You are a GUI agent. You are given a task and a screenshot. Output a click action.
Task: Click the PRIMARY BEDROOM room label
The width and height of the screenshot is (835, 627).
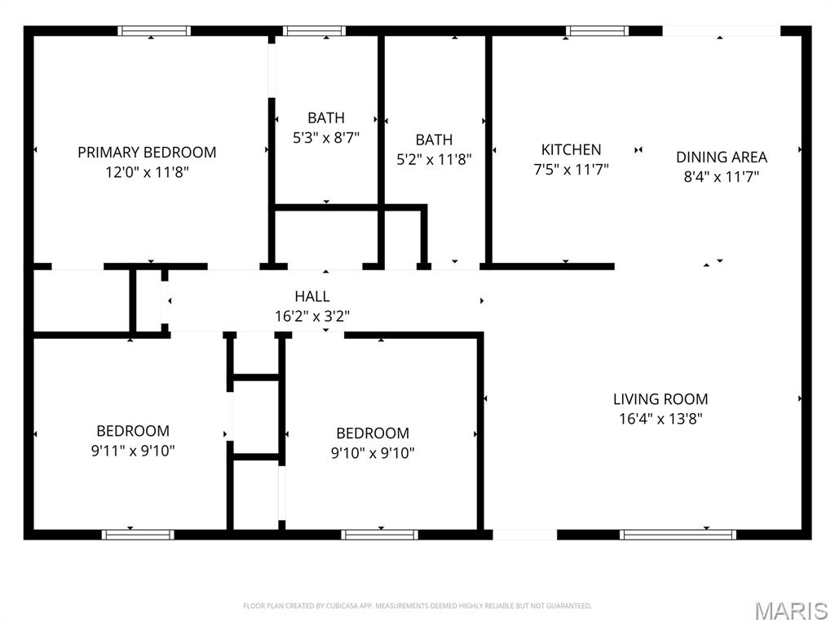click(x=147, y=152)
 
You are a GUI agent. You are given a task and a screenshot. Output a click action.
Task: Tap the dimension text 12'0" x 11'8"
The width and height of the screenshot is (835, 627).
click(x=147, y=172)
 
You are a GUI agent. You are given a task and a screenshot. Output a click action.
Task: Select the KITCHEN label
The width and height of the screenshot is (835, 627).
click(x=571, y=149)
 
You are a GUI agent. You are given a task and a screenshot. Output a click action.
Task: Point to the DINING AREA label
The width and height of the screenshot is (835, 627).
click(x=722, y=157)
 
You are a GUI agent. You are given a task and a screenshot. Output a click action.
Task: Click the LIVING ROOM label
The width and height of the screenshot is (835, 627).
click(x=660, y=399)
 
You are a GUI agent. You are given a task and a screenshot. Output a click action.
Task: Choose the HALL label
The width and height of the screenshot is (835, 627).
click(x=312, y=296)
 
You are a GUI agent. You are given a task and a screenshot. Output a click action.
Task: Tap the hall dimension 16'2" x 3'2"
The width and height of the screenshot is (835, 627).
click(x=312, y=316)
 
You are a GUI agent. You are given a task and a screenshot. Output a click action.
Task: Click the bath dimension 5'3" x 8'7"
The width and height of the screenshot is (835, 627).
click(x=326, y=138)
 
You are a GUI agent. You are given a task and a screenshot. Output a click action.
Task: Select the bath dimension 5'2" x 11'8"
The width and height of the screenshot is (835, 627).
click(x=434, y=160)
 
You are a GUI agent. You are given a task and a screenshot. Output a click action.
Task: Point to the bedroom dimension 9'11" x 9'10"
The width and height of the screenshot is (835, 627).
click(x=133, y=450)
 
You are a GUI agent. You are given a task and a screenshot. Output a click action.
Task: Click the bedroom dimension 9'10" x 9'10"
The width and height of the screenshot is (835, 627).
click(x=373, y=452)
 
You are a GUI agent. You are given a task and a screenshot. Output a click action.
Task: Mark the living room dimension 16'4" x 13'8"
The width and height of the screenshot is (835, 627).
click(x=660, y=419)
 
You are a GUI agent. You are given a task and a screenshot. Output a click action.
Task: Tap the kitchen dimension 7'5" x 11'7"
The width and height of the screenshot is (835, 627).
click(x=571, y=170)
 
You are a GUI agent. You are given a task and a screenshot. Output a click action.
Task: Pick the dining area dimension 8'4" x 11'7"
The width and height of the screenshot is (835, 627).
click(x=722, y=176)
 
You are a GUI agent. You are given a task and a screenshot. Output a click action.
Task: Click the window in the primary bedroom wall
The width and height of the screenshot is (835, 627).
click(x=154, y=31)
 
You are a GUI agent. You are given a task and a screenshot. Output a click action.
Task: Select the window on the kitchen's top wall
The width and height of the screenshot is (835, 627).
click(x=598, y=31)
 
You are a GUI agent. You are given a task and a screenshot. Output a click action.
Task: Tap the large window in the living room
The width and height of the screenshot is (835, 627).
click(x=678, y=535)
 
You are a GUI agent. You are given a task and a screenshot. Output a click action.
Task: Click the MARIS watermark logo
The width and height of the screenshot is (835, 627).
click(x=790, y=611)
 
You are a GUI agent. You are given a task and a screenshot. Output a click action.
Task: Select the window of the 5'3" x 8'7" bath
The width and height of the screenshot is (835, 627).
click(x=314, y=31)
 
